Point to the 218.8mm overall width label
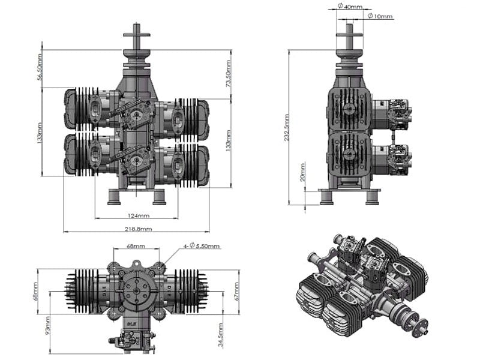click(x=137, y=229)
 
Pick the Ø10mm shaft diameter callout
click(x=379, y=16)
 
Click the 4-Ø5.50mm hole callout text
click(x=201, y=246)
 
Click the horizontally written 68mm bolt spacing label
click(x=136, y=246)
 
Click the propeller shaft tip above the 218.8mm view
click(x=136, y=29)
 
